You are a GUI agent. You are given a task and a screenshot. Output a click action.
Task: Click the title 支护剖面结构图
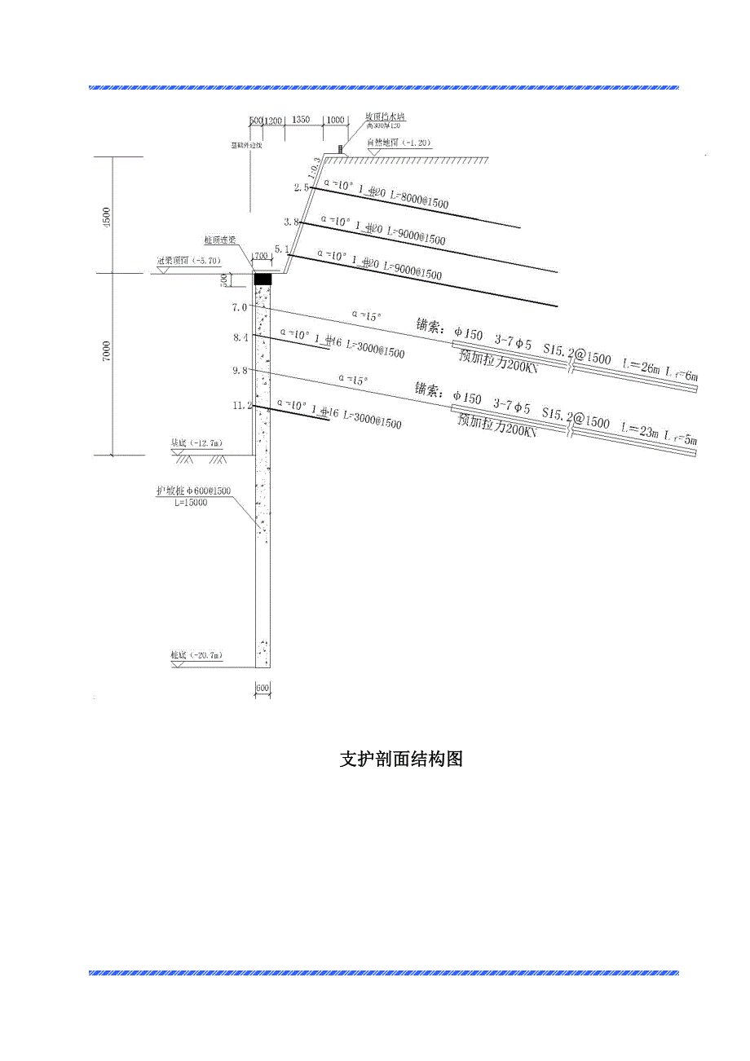(x=401, y=759)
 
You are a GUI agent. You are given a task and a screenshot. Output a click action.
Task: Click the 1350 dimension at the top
(x=300, y=120)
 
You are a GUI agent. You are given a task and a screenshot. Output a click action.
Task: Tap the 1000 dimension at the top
(x=335, y=120)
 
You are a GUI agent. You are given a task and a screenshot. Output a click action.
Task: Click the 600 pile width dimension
(x=262, y=689)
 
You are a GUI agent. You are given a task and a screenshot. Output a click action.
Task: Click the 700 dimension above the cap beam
(x=261, y=256)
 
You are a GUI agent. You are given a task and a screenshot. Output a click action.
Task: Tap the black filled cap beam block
(x=262, y=279)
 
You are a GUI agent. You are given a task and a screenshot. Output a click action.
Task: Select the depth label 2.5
(x=302, y=188)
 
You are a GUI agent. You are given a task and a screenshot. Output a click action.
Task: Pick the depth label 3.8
(x=292, y=222)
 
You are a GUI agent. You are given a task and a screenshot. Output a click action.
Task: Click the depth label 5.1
(x=282, y=249)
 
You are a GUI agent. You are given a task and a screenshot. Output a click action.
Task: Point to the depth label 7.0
(x=239, y=307)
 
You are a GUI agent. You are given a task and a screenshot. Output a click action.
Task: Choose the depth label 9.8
(x=240, y=370)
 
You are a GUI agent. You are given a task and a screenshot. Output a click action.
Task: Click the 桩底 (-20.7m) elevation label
(x=196, y=655)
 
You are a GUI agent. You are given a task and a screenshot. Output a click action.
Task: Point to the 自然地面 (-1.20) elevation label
(x=399, y=143)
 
